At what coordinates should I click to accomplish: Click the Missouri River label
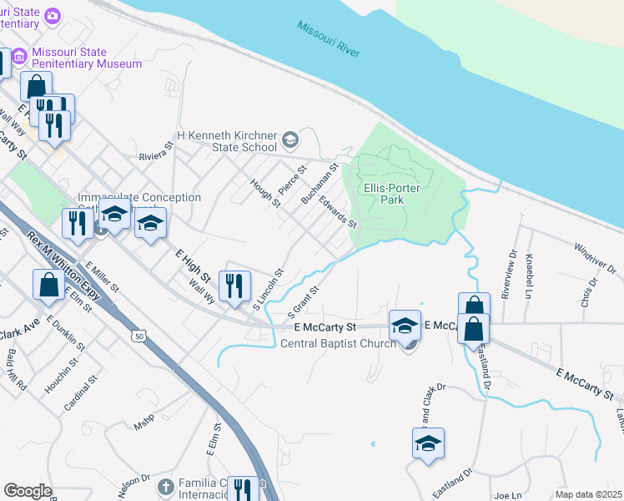click(x=329, y=38)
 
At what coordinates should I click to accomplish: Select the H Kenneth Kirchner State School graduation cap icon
click(x=290, y=139)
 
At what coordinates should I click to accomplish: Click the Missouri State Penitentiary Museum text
click(x=87, y=57)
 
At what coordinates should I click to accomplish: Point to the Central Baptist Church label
click(x=337, y=343)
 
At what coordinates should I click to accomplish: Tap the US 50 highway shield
click(x=137, y=335)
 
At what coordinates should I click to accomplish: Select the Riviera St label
click(x=155, y=150)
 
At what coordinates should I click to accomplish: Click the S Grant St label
click(x=304, y=301)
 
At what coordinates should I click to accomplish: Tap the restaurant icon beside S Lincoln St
click(x=234, y=285)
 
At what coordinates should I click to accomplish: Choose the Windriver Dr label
click(x=595, y=258)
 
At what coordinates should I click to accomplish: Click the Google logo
click(x=28, y=491)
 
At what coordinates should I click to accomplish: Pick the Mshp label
click(x=144, y=425)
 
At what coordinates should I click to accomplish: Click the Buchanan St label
click(x=319, y=185)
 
